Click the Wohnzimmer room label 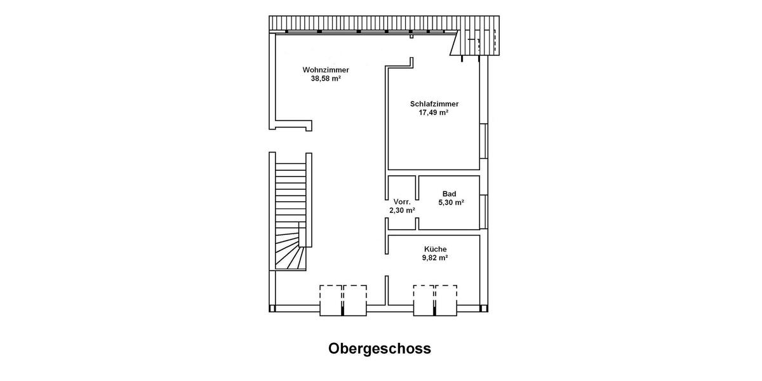tap(326, 70)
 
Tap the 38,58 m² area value tap(326, 79)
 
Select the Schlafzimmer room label tap(434, 104)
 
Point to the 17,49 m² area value tap(434, 112)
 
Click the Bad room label tap(450, 194)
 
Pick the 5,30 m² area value tap(451, 203)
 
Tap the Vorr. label tap(402, 201)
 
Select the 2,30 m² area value tap(402, 210)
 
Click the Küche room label tap(436, 250)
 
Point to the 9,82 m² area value tap(436, 258)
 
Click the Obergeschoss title tap(380, 349)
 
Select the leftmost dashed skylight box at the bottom tap(331, 300)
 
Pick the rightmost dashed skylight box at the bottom tap(446, 300)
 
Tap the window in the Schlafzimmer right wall tap(486, 140)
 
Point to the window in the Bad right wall tap(486, 211)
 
